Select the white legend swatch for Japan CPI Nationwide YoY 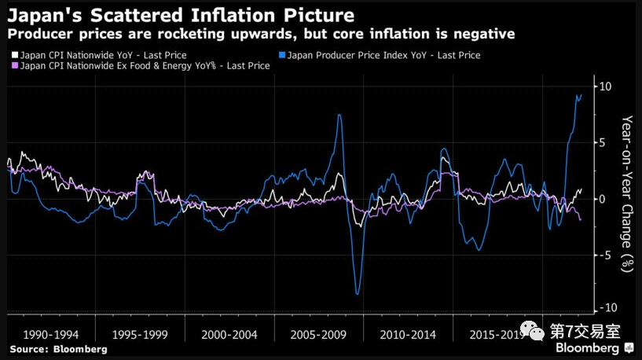coord(13,56)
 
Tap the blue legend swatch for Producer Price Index coord(282,56)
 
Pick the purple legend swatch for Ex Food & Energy coord(13,66)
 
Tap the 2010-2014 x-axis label coord(407,335)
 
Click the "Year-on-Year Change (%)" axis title coord(626,193)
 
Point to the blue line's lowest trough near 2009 coord(358,294)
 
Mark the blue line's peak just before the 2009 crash coord(339,116)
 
